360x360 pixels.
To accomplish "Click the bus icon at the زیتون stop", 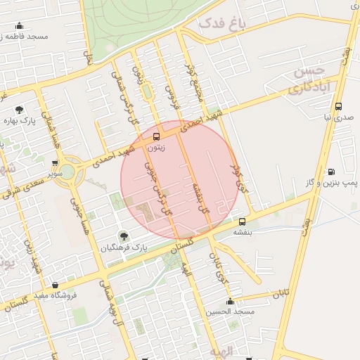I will point(156,136).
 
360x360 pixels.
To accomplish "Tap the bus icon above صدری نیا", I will point(339,107).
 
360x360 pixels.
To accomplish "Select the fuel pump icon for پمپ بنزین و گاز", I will point(330,171).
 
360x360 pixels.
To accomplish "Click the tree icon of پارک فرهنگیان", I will point(124,236).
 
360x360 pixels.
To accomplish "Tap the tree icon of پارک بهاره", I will point(19,110).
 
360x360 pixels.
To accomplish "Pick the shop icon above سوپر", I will point(54,163).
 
